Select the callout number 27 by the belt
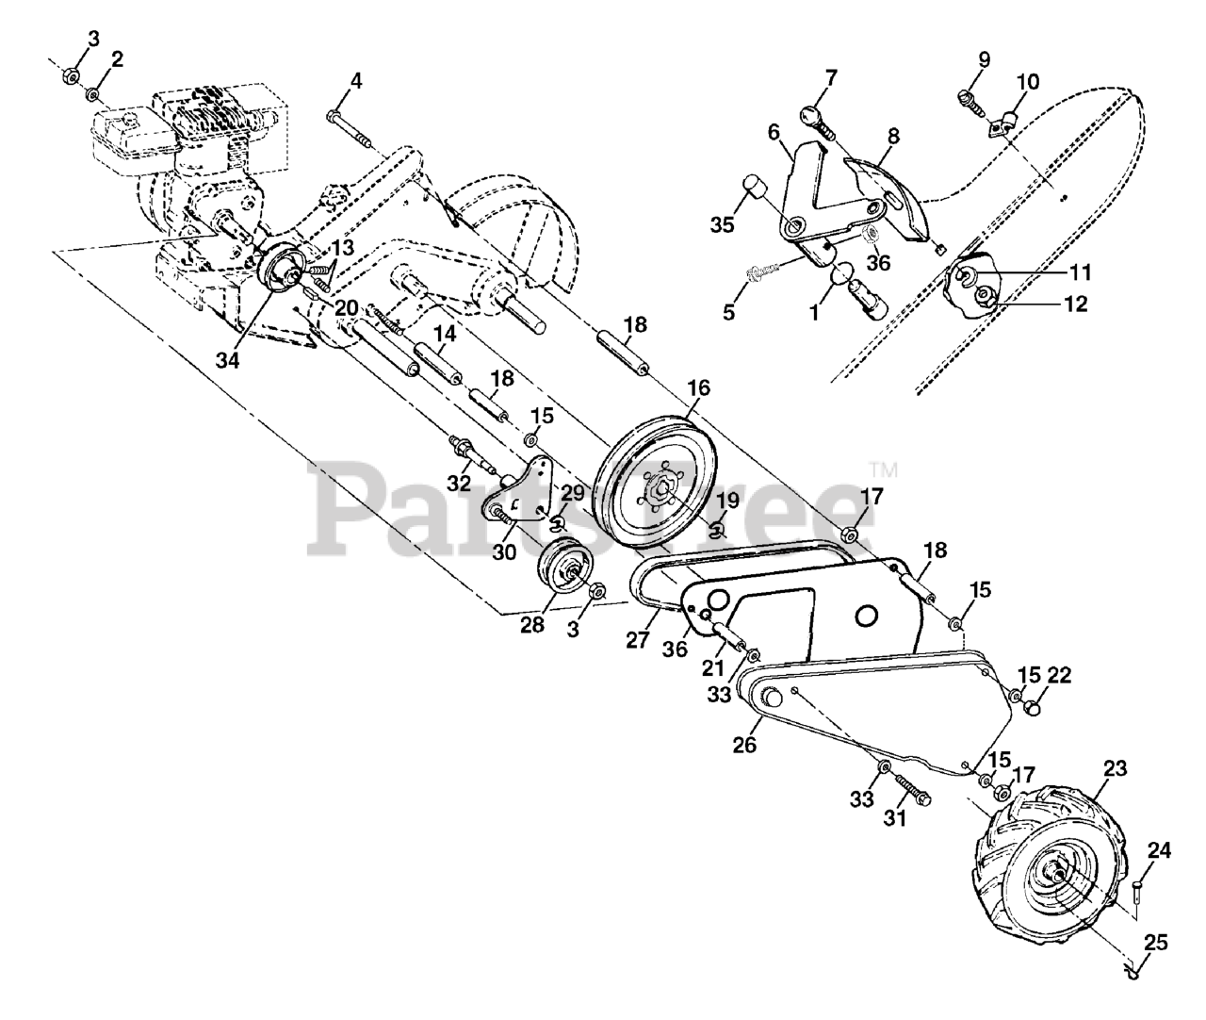click(x=638, y=640)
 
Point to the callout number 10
click(x=1027, y=82)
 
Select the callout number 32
click(x=459, y=483)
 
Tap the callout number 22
click(x=1059, y=676)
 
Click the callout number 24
click(x=1159, y=851)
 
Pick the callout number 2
click(x=117, y=59)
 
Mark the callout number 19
click(x=727, y=501)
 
